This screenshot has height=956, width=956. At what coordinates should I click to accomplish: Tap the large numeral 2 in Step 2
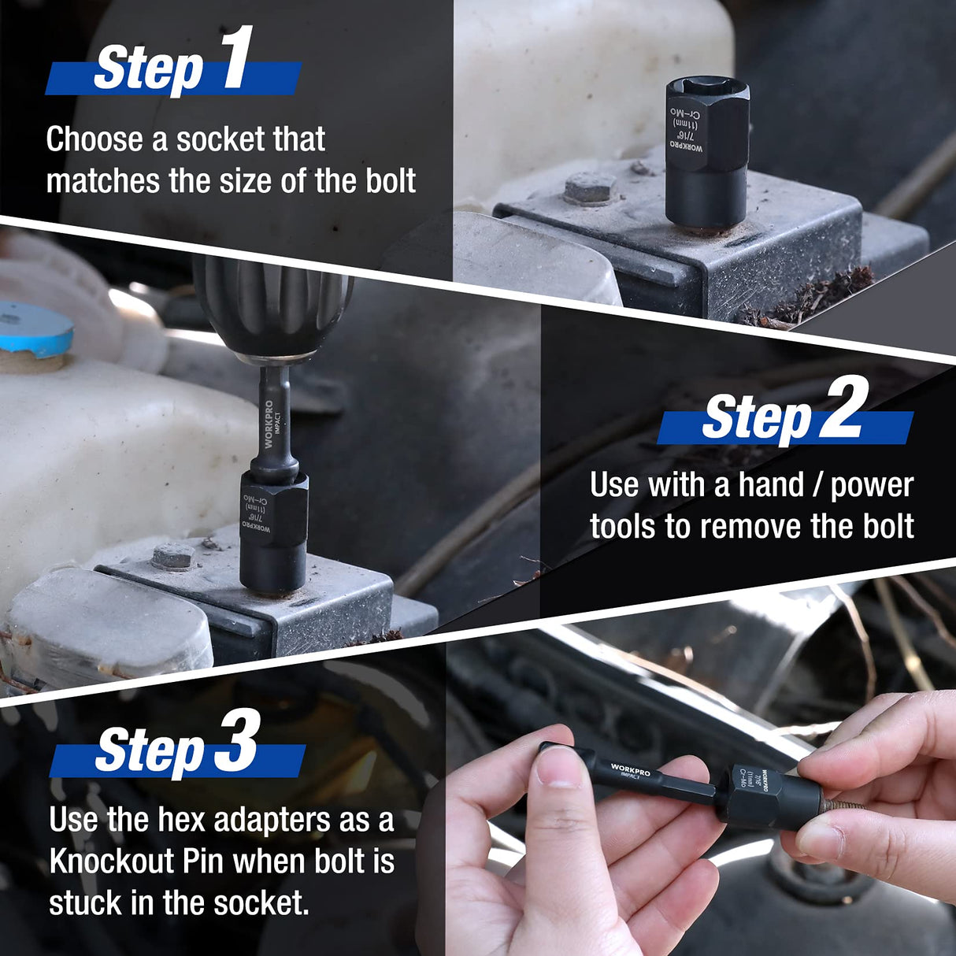[x=843, y=407]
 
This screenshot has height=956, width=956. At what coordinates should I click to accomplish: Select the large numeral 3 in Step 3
[x=237, y=741]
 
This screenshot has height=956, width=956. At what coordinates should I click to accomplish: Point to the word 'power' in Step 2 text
[x=872, y=486]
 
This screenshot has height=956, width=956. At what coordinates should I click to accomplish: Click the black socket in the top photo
[x=706, y=154]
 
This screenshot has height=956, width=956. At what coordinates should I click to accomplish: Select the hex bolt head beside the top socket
[x=591, y=188]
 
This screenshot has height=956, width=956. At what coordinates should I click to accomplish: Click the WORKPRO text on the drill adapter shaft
[x=269, y=424]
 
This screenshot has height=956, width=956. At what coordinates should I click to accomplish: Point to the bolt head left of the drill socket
[x=172, y=556]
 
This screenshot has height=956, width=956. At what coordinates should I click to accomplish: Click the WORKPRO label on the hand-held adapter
[x=631, y=769]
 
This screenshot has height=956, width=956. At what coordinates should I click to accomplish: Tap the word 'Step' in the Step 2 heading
[x=756, y=417]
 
